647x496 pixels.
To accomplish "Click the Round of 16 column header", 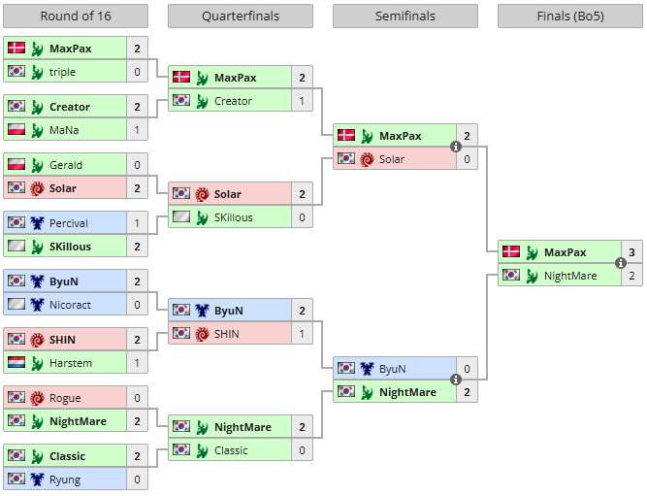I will pos(76,17).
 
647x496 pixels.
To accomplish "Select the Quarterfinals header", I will pos(241,17).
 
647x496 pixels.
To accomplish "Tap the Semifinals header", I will pos(405,17).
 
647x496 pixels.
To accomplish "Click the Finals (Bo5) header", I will pos(570,17).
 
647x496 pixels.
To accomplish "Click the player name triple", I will pos(62,72).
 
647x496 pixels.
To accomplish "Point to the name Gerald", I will pos(65,165).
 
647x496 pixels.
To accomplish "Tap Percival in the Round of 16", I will pos(68,223).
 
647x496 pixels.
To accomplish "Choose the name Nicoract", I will pos(70,305).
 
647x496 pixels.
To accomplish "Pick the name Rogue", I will pos(65,398).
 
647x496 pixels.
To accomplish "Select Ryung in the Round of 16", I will pos(65,479).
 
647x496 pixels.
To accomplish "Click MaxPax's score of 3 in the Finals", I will pos(631,252).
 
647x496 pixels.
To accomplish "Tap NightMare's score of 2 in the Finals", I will pos(631,276).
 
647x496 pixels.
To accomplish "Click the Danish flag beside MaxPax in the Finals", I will pos(510,252).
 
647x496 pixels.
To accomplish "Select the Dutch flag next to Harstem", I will pos(16,363).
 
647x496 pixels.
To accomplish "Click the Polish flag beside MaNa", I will pos(16,130).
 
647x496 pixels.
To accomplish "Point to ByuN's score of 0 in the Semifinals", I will pos(467,369).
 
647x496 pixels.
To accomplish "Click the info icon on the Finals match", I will pos(620,263).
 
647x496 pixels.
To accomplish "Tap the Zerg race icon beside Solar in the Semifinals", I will pos(367,159).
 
